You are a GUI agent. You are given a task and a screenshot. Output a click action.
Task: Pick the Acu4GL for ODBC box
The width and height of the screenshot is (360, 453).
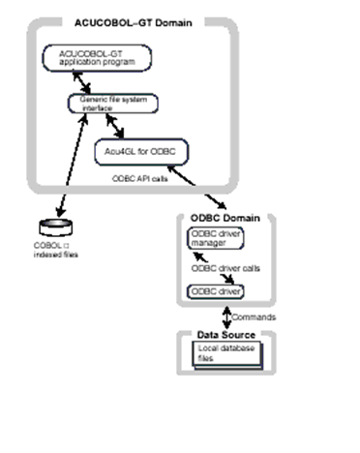click(x=143, y=152)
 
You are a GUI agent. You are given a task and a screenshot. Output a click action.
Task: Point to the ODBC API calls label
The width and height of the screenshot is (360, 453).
click(x=142, y=180)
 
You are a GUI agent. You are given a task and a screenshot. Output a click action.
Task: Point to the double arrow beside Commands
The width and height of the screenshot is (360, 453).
click(x=226, y=316)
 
